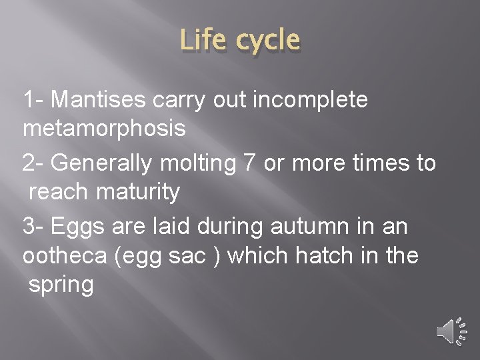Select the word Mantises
pos(97,100)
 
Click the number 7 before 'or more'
pos(250,163)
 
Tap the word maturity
pos(138,192)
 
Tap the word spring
pos(61,285)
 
